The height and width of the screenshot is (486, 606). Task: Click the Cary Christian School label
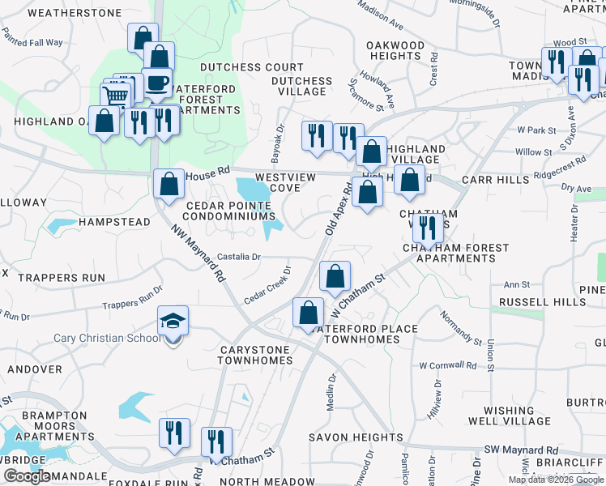click(x=107, y=338)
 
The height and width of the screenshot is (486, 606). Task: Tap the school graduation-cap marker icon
click(x=173, y=322)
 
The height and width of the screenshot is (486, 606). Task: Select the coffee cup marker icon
click(x=156, y=83)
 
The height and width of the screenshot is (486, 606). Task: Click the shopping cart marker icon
click(x=117, y=96)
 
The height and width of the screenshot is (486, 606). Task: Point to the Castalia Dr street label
click(x=239, y=257)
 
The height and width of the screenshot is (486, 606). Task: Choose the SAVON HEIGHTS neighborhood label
click(x=356, y=437)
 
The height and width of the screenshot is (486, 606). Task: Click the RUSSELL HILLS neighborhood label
click(x=542, y=302)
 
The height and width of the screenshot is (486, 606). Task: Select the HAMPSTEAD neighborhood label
click(x=114, y=222)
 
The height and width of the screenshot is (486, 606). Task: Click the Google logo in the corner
click(x=27, y=476)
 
